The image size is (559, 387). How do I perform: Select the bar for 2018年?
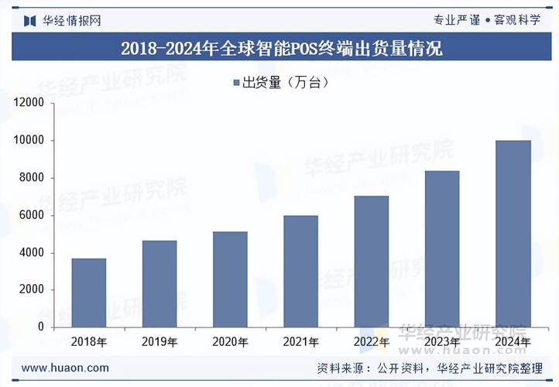(x=88, y=293)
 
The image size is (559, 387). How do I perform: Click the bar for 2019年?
(x=159, y=283)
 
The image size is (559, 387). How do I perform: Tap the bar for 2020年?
(x=230, y=279)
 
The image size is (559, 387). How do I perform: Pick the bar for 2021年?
(x=300, y=271)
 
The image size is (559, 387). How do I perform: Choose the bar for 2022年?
(x=371, y=261)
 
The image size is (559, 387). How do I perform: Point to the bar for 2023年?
(x=441, y=248)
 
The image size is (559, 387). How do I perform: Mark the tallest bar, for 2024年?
(x=513, y=233)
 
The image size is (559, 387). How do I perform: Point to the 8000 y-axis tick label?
(x=32, y=178)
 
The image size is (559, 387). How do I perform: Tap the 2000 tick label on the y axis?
(x=32, y=290)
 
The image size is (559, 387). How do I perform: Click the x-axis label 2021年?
(x=300, y=341)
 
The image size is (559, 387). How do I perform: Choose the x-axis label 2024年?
(x=513, y=341)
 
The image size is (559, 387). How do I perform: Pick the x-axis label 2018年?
(x=88, y=341)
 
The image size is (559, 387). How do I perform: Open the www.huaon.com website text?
(x=65, y=368)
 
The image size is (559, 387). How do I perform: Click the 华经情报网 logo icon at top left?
(x=30, y=20)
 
